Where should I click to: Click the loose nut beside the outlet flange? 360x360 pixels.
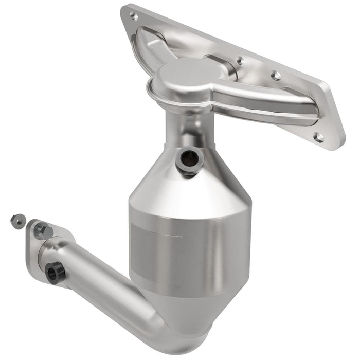tap(17, 220)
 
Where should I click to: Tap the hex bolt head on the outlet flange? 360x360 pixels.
tap(42, 232)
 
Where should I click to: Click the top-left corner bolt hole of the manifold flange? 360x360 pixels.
tap(134, 16)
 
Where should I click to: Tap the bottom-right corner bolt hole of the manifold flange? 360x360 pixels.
tap(319, 137)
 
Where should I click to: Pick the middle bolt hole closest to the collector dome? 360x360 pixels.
tap(240, 61)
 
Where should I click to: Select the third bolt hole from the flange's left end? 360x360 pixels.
tap(276, 76)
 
